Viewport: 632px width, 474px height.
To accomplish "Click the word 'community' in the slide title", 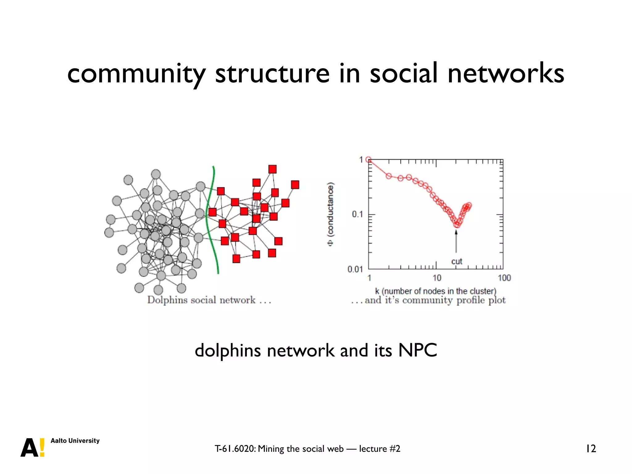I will coord(136,74).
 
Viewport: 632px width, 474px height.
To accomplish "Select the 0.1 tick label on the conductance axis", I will coord(357,214).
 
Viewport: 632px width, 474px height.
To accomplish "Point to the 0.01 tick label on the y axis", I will coord(355,269).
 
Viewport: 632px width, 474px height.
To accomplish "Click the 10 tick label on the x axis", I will coord(437,278).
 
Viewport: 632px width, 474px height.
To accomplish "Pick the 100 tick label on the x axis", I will coord(504,278).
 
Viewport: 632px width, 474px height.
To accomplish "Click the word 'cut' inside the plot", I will coord(456,261).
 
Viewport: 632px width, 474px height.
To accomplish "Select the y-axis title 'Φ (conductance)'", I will coord(331,214).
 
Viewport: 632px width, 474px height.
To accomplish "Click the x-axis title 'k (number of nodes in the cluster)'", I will coord(435,291).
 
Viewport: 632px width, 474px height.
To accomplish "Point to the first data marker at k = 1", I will coord(368,160).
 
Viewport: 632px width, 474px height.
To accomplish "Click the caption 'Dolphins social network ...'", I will coord(209,300).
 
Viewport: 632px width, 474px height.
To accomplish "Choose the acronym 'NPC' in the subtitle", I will coord(418,351).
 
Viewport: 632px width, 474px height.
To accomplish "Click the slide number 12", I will coord(591,449).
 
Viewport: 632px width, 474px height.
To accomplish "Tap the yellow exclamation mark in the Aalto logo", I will coord(42,447).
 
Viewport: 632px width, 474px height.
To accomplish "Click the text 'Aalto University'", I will coord(75,441).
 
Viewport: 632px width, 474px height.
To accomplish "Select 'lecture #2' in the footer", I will coord(380,449).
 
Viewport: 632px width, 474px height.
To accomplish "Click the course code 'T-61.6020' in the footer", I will coord(235,449).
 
